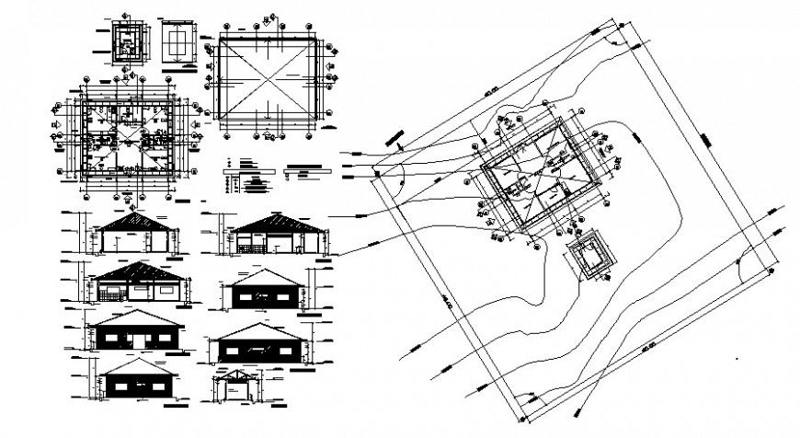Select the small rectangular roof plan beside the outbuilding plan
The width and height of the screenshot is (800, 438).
pyautogui.click(x=175, y=42)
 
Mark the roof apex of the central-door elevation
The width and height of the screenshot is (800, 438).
pyautogui.click(x=134, y=310)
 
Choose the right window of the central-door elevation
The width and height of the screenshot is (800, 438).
pyautogui.click(x=164, y=338)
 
